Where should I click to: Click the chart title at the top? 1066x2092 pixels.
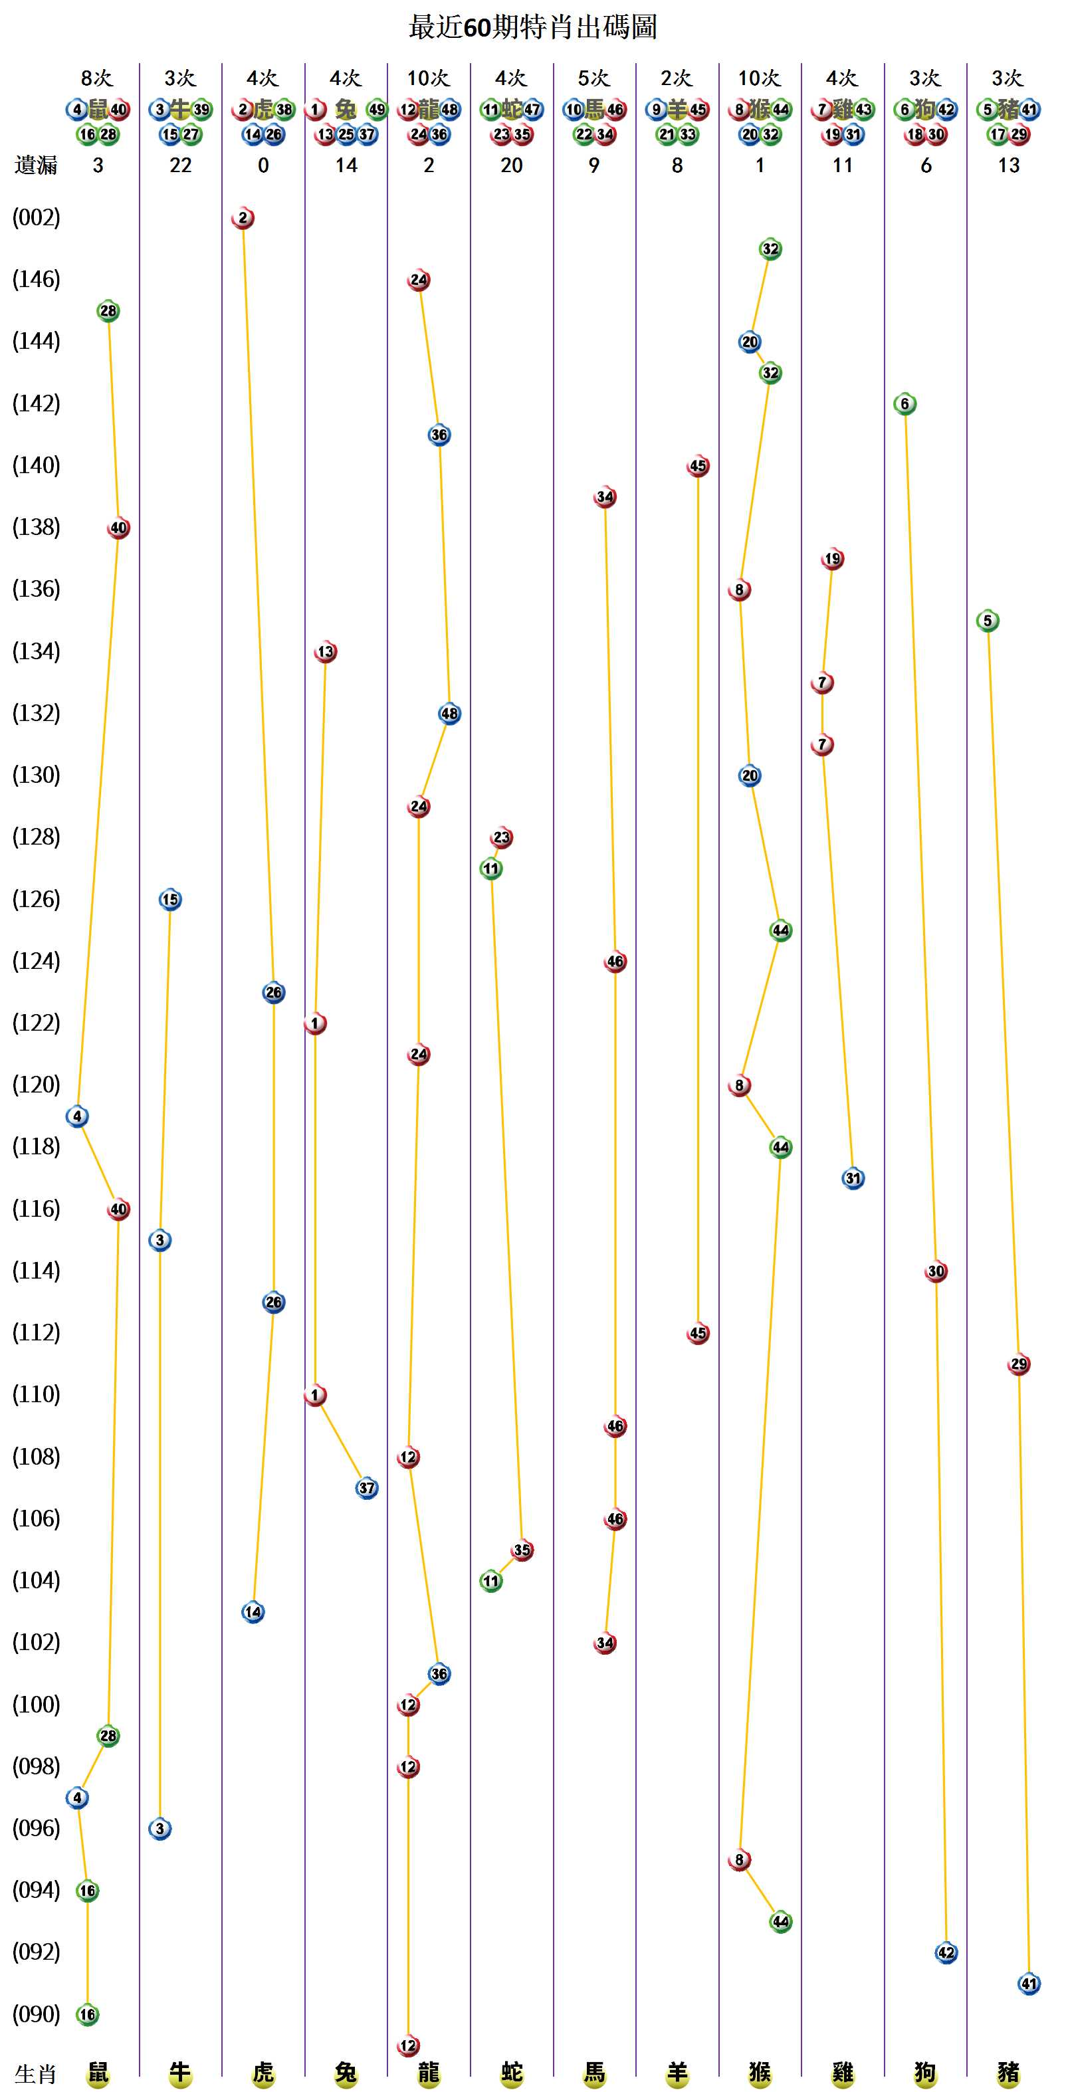(x=532, y=27)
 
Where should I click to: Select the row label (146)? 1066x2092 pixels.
(x=36, y=279)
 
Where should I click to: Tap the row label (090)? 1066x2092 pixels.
(x=36, y=2014)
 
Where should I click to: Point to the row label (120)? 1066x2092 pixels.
(x=36, y=1085)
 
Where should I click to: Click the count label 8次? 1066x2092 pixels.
(x=98, y=78)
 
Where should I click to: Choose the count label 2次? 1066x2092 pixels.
(x=677, y=78)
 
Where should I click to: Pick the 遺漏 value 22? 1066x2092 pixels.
(x=180, y=165)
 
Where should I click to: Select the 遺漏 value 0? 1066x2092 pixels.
(x=263, y=165)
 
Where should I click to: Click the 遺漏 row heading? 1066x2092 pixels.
(x=36, y=165)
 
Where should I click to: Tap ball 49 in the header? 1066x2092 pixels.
(x=377, y=110)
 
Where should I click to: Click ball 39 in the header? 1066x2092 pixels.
(x=201, y=110)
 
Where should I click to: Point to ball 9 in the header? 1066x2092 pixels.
(x=657, y=110)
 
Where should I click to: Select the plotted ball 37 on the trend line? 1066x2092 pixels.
(x=367, y=1488)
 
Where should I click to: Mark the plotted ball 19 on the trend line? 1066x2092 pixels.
(x=832, y=559)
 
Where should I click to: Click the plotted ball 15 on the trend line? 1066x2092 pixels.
(x=169, y=900)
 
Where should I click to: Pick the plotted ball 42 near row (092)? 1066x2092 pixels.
(x=946, y=1952)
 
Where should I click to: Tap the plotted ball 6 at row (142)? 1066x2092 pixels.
(x=905, y=403)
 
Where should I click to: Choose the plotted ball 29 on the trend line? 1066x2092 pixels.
(x=1019, y=1364)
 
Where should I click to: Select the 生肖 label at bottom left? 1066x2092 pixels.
(x=36, y=2074)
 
